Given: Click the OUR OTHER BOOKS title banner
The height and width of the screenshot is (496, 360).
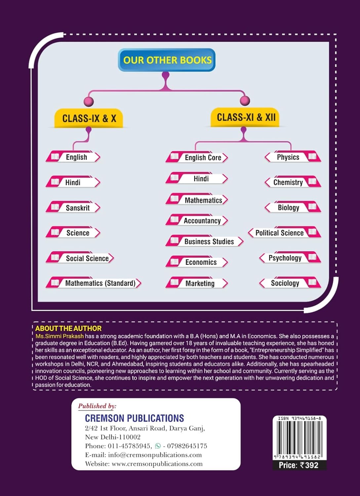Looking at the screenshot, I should pos(167,60).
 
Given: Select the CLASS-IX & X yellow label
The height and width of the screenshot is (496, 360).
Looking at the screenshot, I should pos(89,118).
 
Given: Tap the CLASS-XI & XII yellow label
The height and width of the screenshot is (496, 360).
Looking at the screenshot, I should pos(246,117).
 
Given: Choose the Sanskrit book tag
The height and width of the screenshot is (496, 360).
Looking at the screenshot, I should pos(74,208).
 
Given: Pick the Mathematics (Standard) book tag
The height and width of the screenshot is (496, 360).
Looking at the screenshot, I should pos(94,283).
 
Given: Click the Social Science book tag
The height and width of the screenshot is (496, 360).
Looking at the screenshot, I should pos(80,258).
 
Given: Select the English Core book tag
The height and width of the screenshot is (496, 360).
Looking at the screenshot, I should pos(197,157).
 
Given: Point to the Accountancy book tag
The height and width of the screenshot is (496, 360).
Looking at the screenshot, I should pos(197,221).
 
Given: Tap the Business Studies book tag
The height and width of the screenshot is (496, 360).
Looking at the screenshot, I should pos(205,241).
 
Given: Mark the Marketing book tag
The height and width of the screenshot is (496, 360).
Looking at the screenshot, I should pos(197,283).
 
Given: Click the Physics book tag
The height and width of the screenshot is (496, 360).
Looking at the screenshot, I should pos(293,157).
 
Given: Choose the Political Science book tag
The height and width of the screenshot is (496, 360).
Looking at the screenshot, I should pos(284,233).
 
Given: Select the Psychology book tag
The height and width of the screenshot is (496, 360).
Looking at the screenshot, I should pos(290,258).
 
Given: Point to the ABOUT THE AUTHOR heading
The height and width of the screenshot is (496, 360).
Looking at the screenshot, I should pos(68,328).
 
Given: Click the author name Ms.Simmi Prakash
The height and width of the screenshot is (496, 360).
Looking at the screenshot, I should pos(60,336).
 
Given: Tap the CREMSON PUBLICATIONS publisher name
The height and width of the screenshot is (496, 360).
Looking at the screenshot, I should pos(135,418).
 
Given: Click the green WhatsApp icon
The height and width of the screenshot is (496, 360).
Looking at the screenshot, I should pos(158,446).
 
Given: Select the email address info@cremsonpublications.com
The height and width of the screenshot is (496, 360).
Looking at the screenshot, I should pos(155,455).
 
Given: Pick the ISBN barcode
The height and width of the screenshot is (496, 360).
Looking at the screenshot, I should pos(300,438).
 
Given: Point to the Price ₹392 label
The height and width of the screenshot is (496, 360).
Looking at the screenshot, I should pos(299,465).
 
